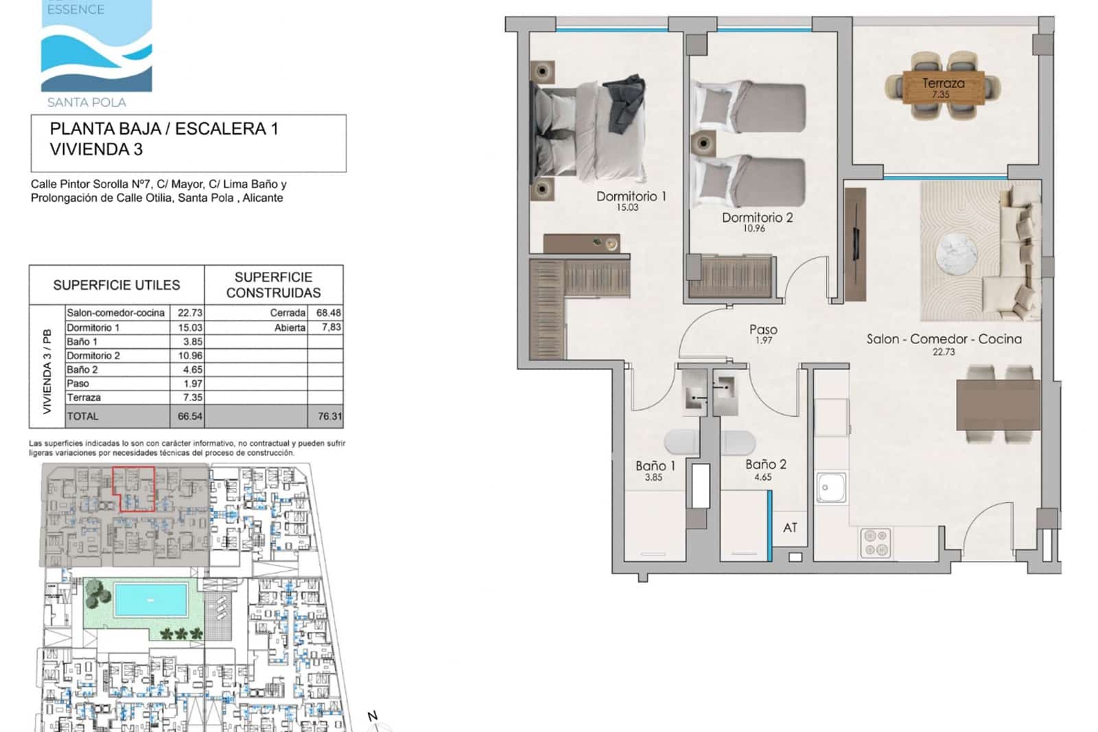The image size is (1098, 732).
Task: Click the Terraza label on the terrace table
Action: (x=943, y=83)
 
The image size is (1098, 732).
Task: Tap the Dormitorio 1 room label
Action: (x=631, y=196)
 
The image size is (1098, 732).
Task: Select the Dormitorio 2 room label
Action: (x=757, y=218)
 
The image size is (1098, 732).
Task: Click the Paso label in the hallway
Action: (x=763, y=330)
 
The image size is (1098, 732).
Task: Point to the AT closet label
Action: (x=790, y=527)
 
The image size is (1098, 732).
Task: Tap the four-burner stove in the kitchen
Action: (x=876, y=542)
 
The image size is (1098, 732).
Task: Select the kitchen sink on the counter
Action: (x=831, y=488)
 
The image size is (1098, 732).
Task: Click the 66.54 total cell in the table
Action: (x=189, y=416)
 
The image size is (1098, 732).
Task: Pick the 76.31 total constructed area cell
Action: (x=329, y=416)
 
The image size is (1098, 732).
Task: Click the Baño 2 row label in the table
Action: (x=82, y=369)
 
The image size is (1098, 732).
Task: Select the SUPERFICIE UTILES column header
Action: (x=117, y=285)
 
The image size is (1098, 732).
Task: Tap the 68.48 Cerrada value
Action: (x=328, y=312)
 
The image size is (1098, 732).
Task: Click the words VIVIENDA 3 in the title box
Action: (x=96, y=149)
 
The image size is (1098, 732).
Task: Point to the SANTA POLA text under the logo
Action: (x=86, y=102)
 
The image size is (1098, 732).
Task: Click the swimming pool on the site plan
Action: (x=151, y=599)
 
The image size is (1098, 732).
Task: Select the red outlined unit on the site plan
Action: (x=134, y=489)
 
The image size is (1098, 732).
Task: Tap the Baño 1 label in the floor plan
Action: (x=655, y=466)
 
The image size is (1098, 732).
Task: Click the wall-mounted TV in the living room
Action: (x=856, y=244)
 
